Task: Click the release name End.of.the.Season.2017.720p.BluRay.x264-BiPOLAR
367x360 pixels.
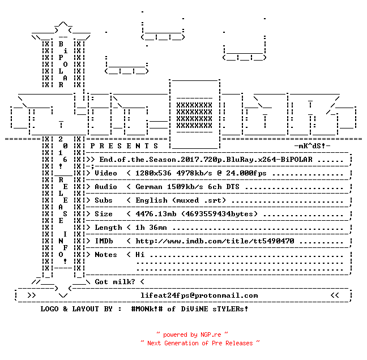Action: click(x=206, y=160)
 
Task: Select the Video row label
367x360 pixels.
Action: click(x=106, y=173)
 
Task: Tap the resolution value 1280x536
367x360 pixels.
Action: click(x=153, y=173)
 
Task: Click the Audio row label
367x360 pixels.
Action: click(x=106, y=187)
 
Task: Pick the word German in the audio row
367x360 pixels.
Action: click(x=149, y=187)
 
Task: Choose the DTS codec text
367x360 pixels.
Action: click(x=233, y=187)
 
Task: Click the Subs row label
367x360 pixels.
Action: click(x=104, y=200)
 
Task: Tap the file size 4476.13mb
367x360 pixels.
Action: click(x=156, y=214)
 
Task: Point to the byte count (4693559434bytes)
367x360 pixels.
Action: click(x=219, y=214)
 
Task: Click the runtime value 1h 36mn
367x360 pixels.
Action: click(x=151, y=228)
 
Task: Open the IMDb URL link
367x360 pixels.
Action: click(x=215, y=241)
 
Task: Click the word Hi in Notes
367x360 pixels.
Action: click(x=140, y=255)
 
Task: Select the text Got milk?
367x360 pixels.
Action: click(x=115, y=282)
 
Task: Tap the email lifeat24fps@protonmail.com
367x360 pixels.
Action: click(x=199, y=295)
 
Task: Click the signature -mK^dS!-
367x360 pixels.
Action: click(x=312, y=146)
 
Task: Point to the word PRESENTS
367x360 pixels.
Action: click(x=124, y=146)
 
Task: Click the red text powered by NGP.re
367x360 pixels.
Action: click(x=192, y=335)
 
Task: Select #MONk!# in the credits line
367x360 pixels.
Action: click(x=147, y=308)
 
